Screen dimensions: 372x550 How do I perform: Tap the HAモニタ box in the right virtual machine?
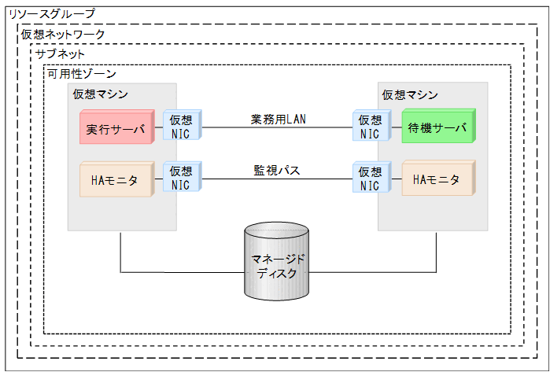click(x=437, y=179)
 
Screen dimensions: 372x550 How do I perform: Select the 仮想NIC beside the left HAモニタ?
click(x=181, y=179)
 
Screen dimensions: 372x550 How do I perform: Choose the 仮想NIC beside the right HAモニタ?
click(x=370, y=179)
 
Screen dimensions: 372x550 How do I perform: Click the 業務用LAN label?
click(x=277, y=119)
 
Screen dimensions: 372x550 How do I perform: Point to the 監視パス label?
click(x=277, y=170)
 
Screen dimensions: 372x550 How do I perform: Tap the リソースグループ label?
click(x=50, y=13)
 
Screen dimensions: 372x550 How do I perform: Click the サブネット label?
click(x=59, y=54)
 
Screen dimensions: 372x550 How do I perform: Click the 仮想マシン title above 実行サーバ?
click(x=101, y=94)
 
